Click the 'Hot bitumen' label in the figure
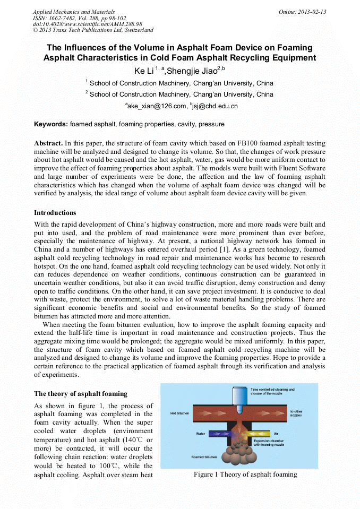pos(180,412)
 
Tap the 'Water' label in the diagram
pos(201,434)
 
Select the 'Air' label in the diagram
pos(276,434)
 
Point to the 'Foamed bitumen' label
pos(203,456)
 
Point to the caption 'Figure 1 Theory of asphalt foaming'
pos(245,475)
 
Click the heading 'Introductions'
pos(55,213)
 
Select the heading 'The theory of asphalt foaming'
pos(81,394)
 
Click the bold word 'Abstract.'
pos(48,144)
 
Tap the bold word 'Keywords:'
pos(51,124)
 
